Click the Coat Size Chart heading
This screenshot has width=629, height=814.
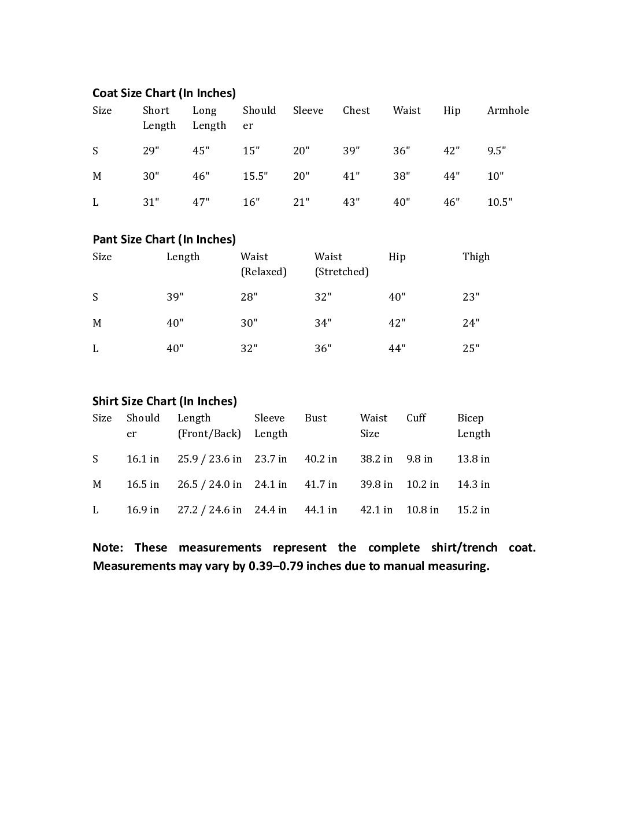(x=164, y=93)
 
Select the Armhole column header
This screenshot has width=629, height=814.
(x=508, y=110)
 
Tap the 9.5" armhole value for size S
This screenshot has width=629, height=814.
(x=496, y=151)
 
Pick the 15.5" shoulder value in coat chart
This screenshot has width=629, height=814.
(x=255, y=176)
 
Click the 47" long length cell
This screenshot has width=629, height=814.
(x=201, y=202)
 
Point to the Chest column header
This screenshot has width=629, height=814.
(x=356, y=110)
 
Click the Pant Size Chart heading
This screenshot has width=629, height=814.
(x=164, y=239)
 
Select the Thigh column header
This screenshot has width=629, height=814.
(x=476, y=257)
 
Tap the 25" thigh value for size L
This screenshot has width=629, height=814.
(x=471, y=349)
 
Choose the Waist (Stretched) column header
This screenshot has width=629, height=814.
(x=341, y=264)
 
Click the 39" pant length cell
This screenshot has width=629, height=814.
(x=175, y=297)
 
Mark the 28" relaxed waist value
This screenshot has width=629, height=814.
(x=249, y=297)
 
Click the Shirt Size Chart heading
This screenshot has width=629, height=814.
(x=165, y=401)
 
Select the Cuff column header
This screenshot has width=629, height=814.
(x=416, y=418)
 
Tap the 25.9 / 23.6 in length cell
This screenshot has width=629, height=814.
(x=209, y=459)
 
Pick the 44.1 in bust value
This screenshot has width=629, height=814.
(x=321, y=510)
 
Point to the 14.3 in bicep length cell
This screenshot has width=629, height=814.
(x=473, y=484)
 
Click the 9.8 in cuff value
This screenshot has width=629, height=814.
(x=419, y=459)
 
